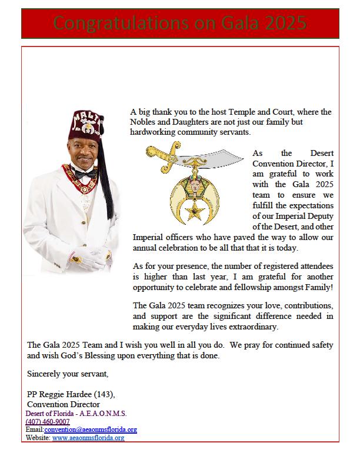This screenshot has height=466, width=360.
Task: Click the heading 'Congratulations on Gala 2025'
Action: [180, 24]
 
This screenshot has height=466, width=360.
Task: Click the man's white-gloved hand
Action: [100, 255]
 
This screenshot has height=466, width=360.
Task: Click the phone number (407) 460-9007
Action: [48, 422]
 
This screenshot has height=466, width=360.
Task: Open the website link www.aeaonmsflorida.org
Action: [88, 438]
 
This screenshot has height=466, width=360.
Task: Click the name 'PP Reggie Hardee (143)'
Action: [71, 394]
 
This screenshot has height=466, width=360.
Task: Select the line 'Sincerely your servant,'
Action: [68, 374]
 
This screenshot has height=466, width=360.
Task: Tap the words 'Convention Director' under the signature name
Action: [64, 404]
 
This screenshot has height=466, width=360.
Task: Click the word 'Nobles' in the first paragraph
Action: [145, 122]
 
